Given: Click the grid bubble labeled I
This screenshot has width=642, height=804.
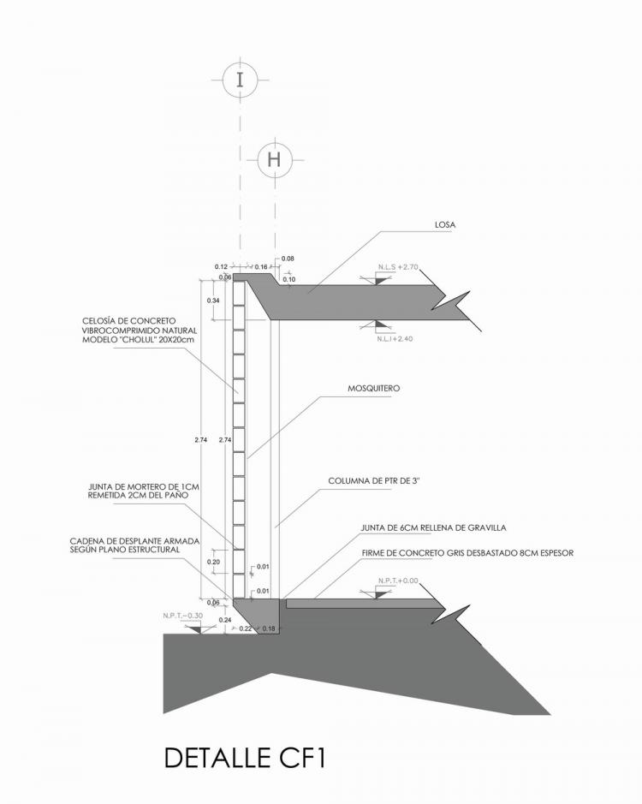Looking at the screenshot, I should [240, 80].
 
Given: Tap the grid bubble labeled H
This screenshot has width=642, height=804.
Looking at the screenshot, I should [274, 159].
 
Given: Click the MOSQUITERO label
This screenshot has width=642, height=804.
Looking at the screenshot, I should [373, 388].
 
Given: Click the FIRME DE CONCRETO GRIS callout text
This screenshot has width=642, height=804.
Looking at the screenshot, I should [467, 553].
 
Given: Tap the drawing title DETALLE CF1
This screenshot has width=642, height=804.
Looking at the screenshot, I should [244, 759].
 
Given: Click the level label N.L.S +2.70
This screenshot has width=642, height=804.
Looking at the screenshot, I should [397, 267].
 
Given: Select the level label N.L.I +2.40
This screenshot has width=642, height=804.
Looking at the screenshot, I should [395, 339].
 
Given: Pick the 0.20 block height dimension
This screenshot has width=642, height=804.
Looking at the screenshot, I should [215, 562].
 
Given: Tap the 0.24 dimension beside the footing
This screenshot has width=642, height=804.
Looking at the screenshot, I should [226, 619].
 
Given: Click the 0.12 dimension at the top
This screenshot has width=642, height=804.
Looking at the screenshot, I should [220, 266].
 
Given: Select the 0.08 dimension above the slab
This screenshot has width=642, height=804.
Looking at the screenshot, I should [287, 258].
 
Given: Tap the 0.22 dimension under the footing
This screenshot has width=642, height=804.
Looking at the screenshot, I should [247, 629].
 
